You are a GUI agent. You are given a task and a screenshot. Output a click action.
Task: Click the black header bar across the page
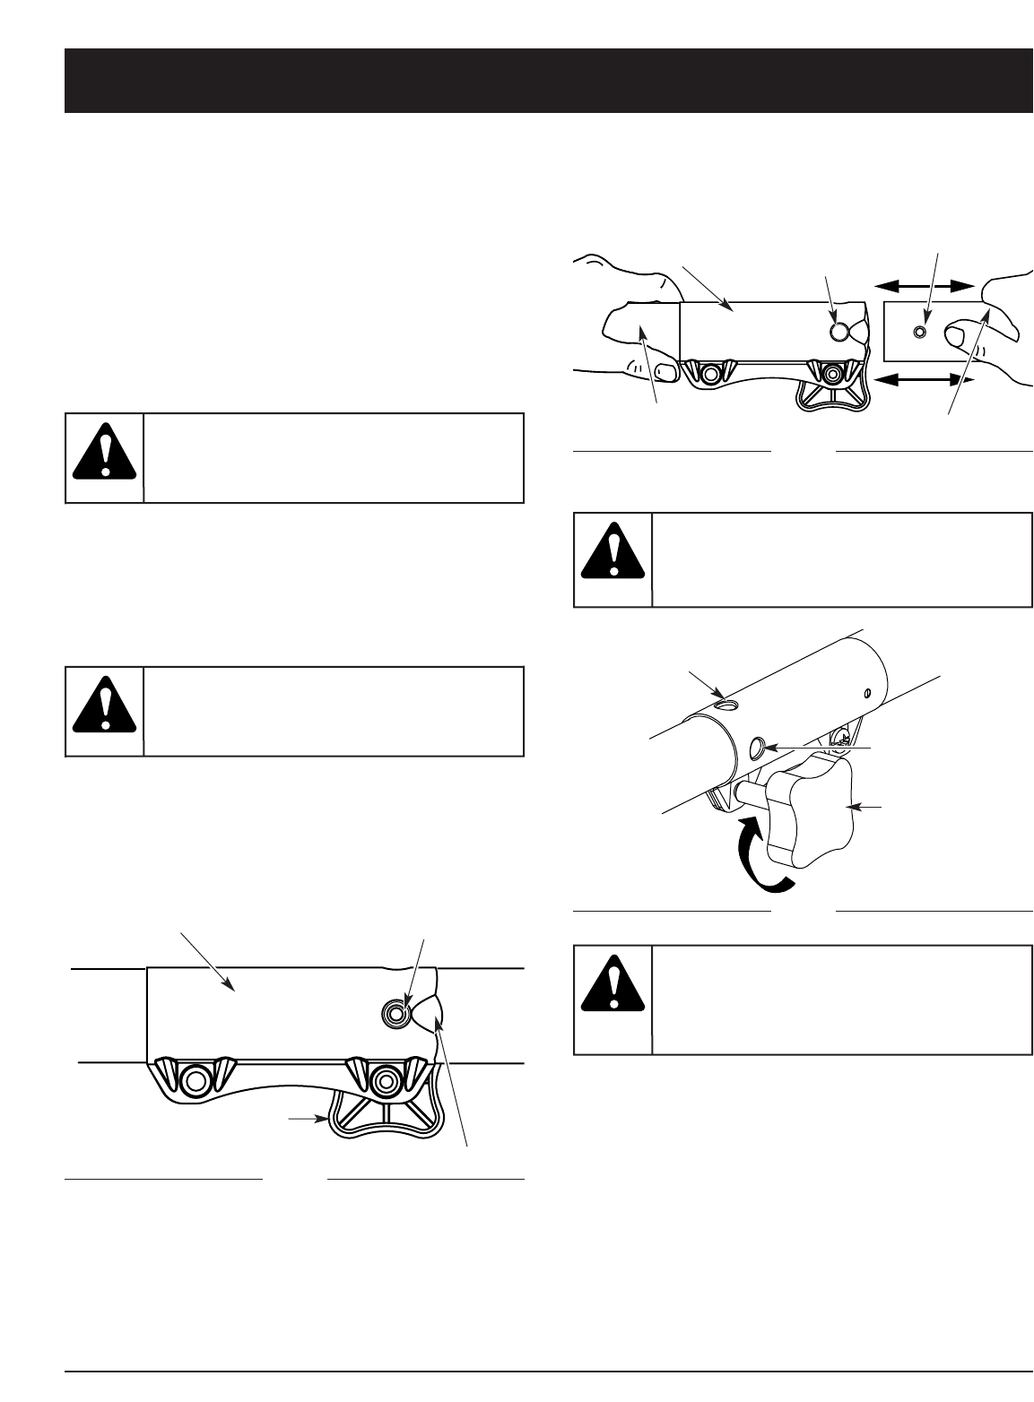tap(549, 81)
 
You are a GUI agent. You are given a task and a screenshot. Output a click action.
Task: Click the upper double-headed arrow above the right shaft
tap(925, 286)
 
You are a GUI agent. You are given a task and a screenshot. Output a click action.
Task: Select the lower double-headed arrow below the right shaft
tap(925, 381)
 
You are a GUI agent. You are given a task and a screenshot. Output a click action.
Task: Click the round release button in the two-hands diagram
tap(838, 332)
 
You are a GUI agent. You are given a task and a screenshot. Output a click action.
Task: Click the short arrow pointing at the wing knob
tap(306, 1119)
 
